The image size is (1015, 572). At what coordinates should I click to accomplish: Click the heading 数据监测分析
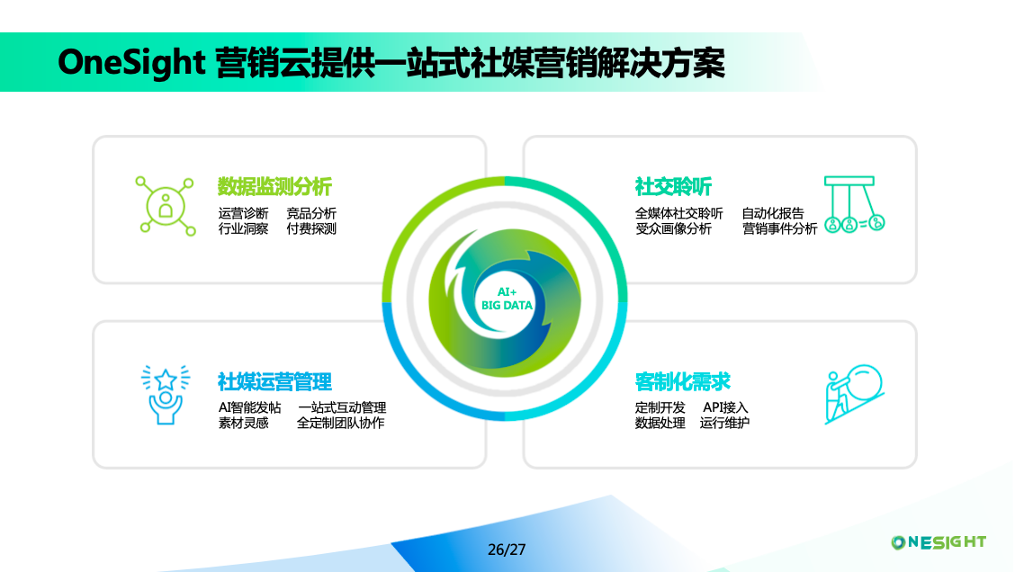click(x=274, y=187)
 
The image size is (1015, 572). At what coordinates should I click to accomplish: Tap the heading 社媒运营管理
click(x=274, y=381)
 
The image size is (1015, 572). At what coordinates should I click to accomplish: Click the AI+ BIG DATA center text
click(x=507, y=299)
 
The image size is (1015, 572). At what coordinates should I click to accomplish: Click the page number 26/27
click(x=507, y=549)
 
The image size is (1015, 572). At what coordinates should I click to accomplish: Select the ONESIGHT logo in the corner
click(x=939, y=541)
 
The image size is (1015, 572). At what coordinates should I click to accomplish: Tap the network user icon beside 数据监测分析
click(x=166, y=207)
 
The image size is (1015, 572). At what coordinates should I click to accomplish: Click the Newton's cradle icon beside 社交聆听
click(x=854, y=204)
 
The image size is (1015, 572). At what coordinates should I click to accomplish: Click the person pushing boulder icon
click(x=854, y=394)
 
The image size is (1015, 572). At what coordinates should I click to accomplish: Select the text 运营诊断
click(x=243, y=213)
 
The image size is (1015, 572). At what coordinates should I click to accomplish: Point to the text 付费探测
click(x=311, y=229)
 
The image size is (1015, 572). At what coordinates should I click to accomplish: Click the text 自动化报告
click(x=773, y=213)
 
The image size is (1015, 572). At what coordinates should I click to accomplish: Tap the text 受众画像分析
click(x=673, y=229)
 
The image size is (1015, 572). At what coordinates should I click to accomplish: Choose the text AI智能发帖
click(x=249, y=407)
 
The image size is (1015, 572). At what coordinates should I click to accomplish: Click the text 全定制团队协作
click(x=341, y=423)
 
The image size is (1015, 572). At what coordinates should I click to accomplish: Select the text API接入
click(x=725, y=407)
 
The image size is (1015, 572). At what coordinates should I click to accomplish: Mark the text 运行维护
click(x=724, y=423)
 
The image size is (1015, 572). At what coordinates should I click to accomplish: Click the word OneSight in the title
click(x=132, y=63)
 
